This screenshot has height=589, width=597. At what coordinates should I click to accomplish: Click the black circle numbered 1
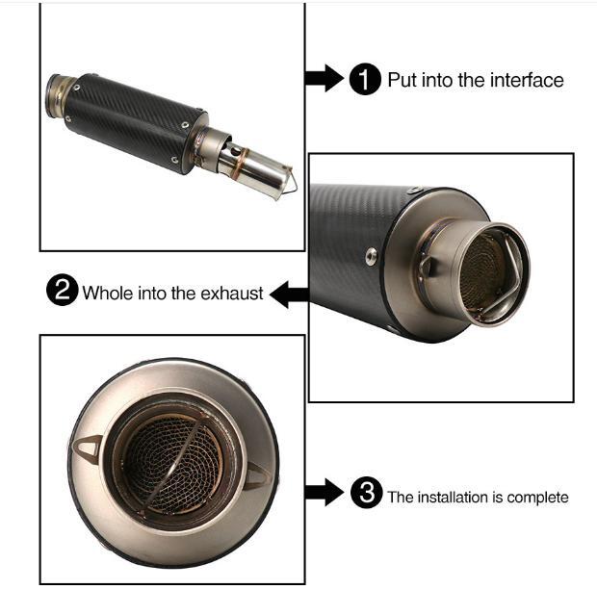pyautogui.click(x=365, y=79)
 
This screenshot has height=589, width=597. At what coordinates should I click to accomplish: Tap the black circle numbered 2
pyautogui.click(x=62, y=290)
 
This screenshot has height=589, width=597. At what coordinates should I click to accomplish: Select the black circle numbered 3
pyautogui.click(x=366, y=493)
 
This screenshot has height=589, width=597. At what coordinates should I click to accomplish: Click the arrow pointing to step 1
pyautogui.click(x=324, y=78)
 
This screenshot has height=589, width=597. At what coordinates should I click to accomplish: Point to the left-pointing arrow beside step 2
pyautogui.click(x=289, y=294)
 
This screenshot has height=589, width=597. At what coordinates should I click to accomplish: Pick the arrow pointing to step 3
pyautogui.click(x=324, y=493)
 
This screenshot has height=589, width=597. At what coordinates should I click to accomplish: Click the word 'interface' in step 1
pyautogui.click(x=527, y=80)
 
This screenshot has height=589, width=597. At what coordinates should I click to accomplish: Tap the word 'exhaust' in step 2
pyautogui.click(x=231, y=294)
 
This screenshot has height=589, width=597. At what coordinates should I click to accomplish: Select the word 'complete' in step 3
pyautogui.click(x=537, y=498)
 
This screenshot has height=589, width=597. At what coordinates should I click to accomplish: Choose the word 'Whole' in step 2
pyautogui.click(x=108, y=293)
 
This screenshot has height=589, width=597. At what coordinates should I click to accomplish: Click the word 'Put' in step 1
pyautogui.click(x=402, y=80)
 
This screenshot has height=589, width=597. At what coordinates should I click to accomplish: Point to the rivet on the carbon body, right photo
pyautogui.click(x=371, y=256)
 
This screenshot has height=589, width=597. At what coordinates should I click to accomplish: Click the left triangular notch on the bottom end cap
pyautogui.click(x=88, y=449)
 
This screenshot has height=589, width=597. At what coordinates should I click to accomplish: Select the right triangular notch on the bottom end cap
pyautogui.click(x=260, y=475)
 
